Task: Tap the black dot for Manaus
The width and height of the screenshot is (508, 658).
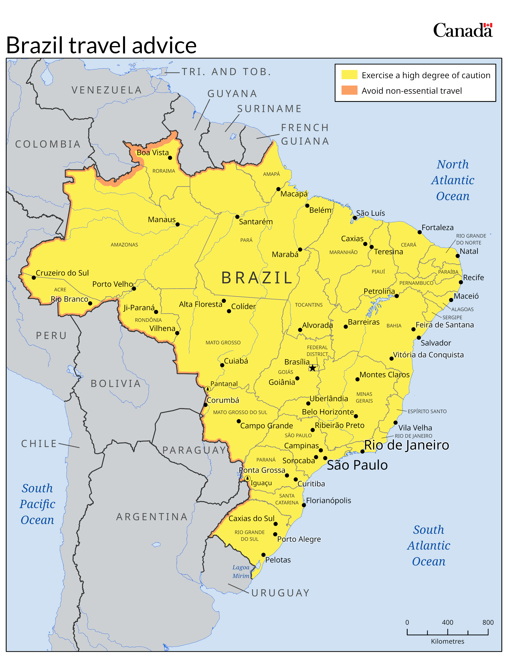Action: [178, 225]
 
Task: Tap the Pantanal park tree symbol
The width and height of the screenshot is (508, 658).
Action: [207, 389]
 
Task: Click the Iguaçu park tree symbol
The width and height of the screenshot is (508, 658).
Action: [247, 478]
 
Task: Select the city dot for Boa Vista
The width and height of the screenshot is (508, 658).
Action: [170, 158]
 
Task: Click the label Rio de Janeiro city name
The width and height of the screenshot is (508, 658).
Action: [406, 445]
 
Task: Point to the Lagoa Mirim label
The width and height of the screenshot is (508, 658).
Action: [241, 571]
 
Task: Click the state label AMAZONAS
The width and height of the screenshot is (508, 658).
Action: [124, 245]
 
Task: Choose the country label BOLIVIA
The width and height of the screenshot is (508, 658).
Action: [116, 383]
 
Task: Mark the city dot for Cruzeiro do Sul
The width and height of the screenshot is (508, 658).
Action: [34, 278]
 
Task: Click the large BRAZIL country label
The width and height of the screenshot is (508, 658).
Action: [257, 278]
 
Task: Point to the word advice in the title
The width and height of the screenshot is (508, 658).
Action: [164, 46]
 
